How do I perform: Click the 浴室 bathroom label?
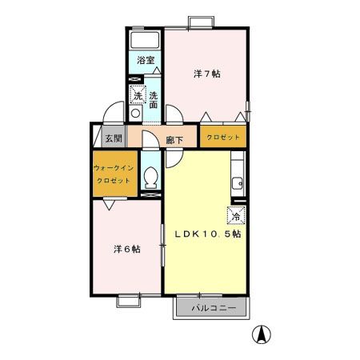point(145,61)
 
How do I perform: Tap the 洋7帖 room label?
point(206,74)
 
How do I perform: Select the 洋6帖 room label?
point(126,249)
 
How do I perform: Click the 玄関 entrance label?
point(113,138)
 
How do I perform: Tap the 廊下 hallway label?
point(174,140)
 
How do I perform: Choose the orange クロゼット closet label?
point(223,138)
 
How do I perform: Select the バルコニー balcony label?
point(212,307)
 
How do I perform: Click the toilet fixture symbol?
point(150,177)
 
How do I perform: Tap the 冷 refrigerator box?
point(236,214)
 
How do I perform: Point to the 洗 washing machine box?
point(137,95)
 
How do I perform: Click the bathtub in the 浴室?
point(145,41)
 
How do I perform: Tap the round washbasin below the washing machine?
point(135,114)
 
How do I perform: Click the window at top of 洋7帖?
point(198,22)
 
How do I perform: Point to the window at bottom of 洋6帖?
point(130,301)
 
